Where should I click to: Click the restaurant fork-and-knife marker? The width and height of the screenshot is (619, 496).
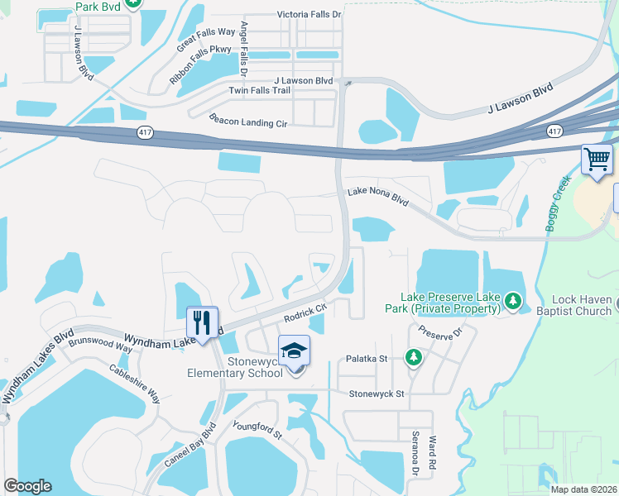tap(203, 323)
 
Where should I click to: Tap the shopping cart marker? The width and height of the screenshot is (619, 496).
tap(597, 159)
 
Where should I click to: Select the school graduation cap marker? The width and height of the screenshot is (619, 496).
tap(294, 352)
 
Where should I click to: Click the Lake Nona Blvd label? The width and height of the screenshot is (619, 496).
tap(378, 197)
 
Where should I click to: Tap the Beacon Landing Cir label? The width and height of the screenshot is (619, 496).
tap(248, 121)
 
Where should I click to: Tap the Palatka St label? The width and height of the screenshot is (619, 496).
tap(367, 359)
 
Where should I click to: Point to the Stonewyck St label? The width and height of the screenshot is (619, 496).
tap(377, 394)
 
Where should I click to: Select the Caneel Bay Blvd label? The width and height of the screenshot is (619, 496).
tap(186, 447)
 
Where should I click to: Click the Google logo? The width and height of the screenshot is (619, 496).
tap(27, 486)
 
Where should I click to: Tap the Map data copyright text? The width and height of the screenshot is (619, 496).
tap(583, 489)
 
